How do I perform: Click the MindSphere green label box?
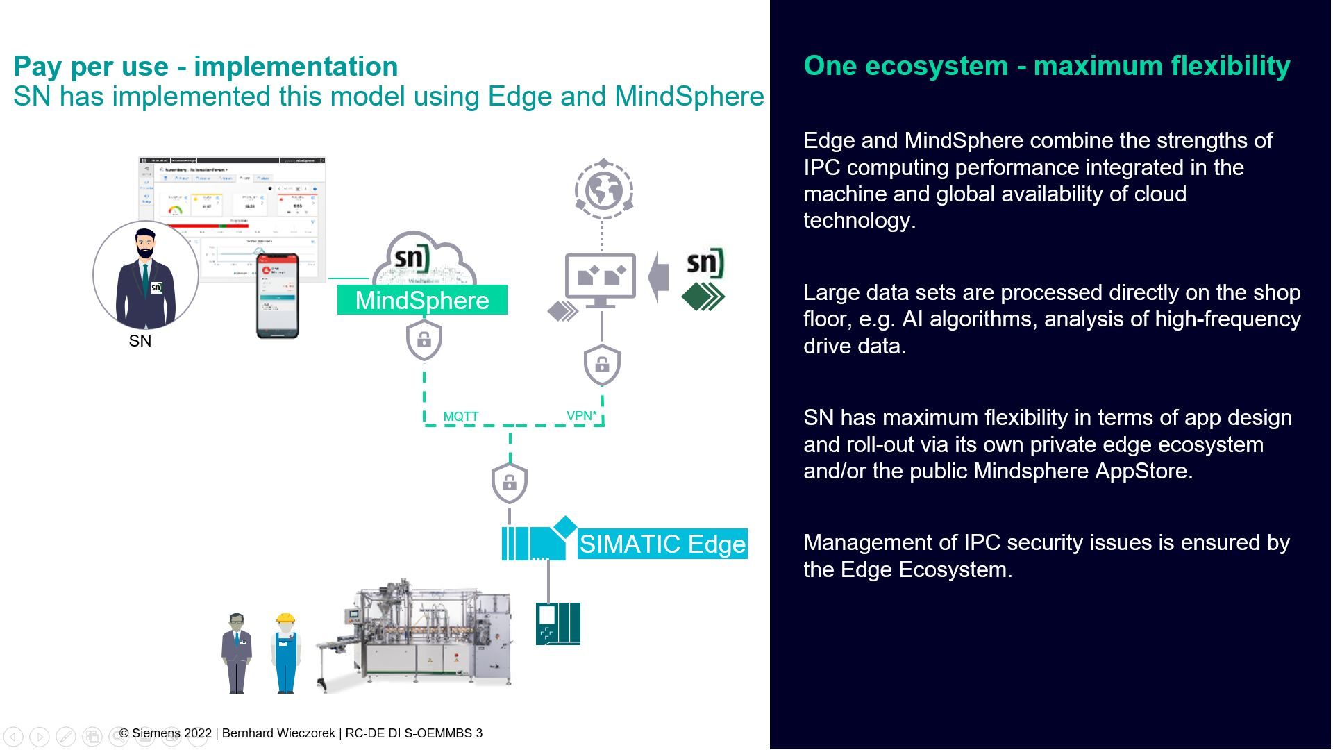click(x=422, y=300)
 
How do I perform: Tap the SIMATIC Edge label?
click(x=662, y=544)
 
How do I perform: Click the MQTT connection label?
click(x=461, y=416)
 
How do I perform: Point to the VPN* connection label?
click(x=582, y=415)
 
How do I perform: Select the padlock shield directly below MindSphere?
click(x=424, y=340)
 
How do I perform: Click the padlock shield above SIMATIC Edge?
click(x=509, y=482)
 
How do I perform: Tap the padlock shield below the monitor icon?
click(x=602, y=364)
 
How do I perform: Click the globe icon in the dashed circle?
click(x=603, y=190)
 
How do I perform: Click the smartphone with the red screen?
click(x=278, y=295)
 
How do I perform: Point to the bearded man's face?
click(x=145, y=244)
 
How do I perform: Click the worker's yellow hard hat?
click(x=285, y=618)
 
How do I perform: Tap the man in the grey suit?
click(x=237, y=653)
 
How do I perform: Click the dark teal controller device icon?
click(x=557, y=624)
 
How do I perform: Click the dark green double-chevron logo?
click(x=703, y=297)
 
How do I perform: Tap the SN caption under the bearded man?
click(x=140, y=341)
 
